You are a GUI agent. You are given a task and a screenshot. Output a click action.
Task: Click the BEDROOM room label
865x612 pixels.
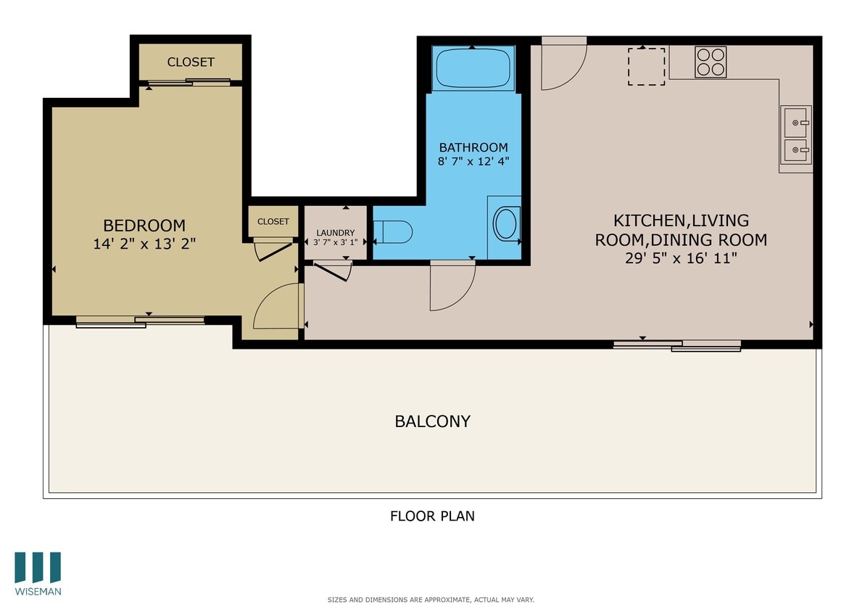click(x=144, y=226)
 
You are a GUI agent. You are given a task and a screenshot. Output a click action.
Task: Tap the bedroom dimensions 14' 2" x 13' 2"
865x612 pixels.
click(x=144, y=244)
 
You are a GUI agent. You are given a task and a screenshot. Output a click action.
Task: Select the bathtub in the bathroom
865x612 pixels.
click(x=473, y=68)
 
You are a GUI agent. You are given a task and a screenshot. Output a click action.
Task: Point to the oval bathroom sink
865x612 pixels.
click(x=506, y=223)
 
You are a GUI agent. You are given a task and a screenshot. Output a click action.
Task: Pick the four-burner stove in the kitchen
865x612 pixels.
click(x=711, y=62)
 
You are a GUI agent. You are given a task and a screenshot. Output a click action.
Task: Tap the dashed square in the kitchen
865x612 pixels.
click(x=646, y=66)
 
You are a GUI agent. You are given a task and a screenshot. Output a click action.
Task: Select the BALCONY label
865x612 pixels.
click(x=432, y=421)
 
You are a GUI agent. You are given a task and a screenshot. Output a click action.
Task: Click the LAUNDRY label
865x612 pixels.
click(x=335, y=233)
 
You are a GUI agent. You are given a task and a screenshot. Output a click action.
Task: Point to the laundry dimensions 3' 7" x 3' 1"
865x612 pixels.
click(x=335, y=242)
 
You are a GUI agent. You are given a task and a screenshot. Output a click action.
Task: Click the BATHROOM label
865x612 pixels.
click(x=473, y=147)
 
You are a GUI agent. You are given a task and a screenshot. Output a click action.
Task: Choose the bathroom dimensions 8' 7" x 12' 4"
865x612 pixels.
click(x=473, y=162)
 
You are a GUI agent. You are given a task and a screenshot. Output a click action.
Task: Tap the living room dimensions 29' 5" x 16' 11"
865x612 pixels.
click(x=681, y=257)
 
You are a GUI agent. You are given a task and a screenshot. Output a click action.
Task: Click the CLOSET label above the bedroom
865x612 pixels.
click(x=191, y=62)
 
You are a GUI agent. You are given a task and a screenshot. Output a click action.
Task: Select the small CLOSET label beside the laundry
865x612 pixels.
click(x=273, y=222)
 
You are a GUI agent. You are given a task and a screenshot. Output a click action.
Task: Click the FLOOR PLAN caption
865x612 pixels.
click(x=432, y=516)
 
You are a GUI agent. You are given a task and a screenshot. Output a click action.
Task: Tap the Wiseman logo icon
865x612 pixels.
click(x=38, y=567)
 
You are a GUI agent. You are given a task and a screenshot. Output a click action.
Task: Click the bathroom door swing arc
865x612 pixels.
click(x=453, y=286)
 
